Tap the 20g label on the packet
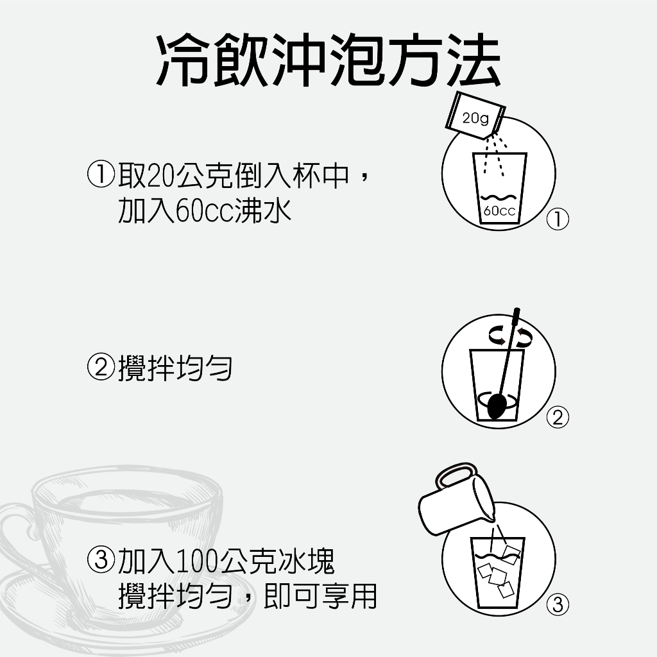coord(475,118)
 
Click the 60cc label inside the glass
coord(499,210)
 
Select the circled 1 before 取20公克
coord(101,175)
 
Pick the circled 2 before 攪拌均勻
coord(101,367)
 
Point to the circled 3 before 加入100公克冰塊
coord(101,559)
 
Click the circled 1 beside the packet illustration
coord(558,219)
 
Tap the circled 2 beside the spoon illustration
coord(558,417)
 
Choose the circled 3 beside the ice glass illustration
coord(558,604)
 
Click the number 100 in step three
coord(196,561)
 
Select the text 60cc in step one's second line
coord(204,210)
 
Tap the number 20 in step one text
coord(161,175)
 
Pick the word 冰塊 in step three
coord(306,561)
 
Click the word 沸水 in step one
coord(262,210)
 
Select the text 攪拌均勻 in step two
coord(175,368)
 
